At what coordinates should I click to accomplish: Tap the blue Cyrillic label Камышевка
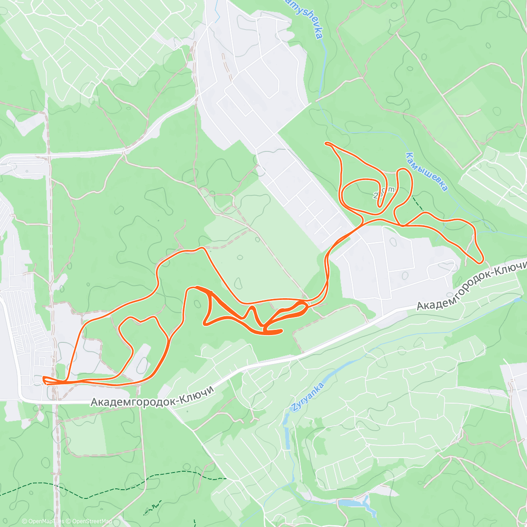(x=427, y=172)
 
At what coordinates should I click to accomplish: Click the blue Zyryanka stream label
(x=307, y=397)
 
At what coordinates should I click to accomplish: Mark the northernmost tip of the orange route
(x=326, y=143)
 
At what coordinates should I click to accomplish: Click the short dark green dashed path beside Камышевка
(x=418, y=204)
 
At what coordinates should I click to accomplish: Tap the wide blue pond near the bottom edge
(x=351, y=502)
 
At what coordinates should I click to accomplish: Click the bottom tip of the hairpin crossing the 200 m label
(x=381, y=205)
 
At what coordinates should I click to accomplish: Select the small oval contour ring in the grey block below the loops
(x=404, y=275)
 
